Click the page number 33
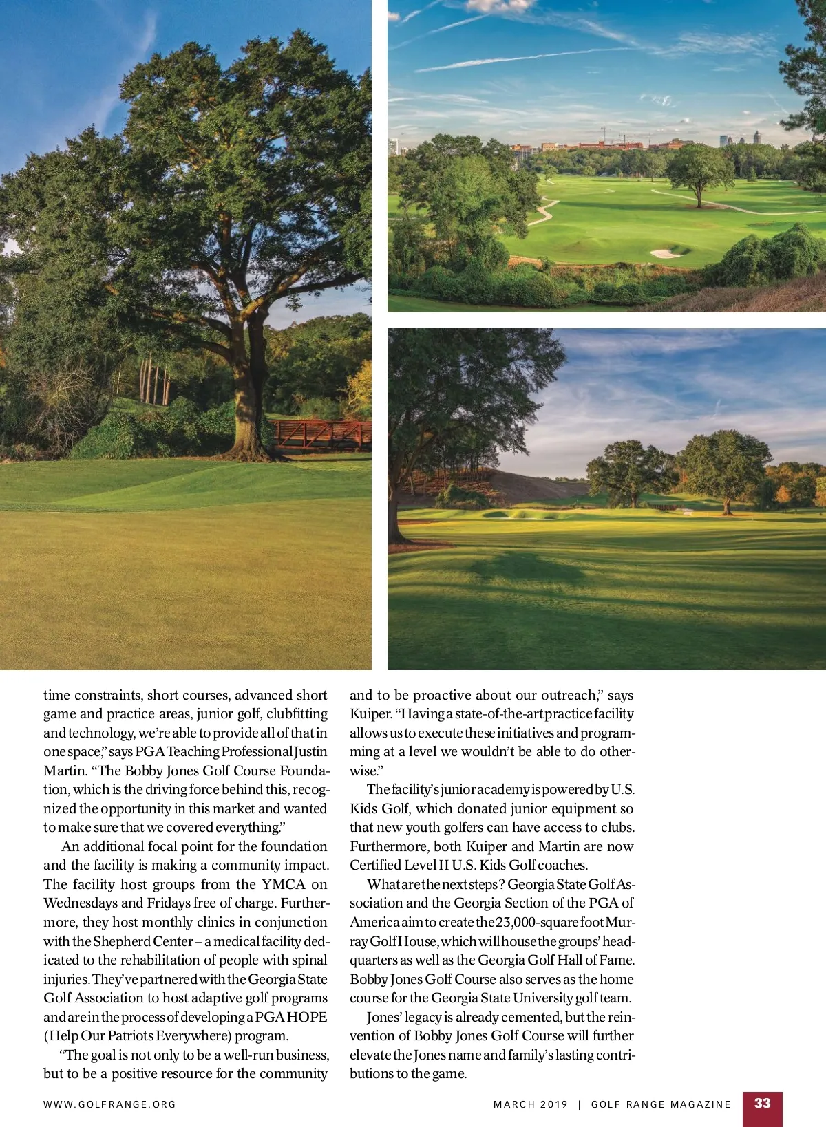pyautogui.click(x=762, y=1103)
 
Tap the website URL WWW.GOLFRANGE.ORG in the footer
pyautogui.click(x=109, y=1104)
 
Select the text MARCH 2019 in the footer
pyautogui.click(x=530, y=1104)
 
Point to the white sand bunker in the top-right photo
pyautogui.click(x=665, y=253)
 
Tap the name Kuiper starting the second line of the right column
pyautogui.click(x=370, y=713)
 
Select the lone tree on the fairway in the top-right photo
pyautogui.click(x=699, y=172)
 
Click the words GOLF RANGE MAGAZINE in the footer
pyautogui.click(x=661, y=1104)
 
